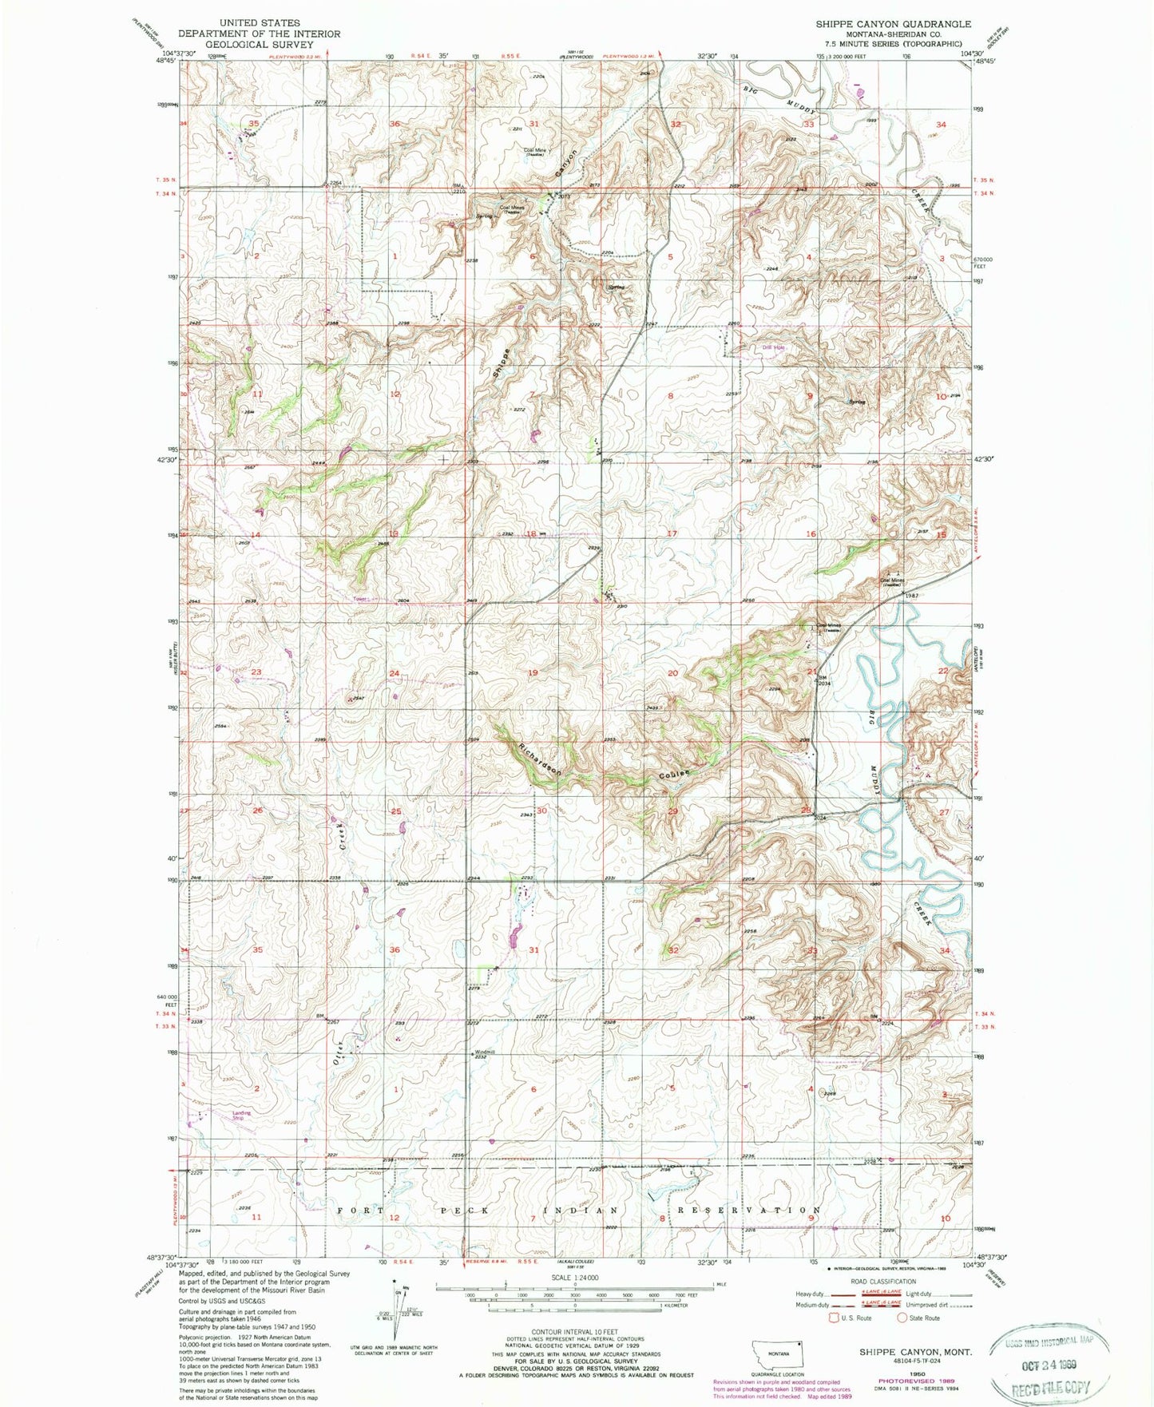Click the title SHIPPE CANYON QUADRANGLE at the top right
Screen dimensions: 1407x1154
click(893, 24)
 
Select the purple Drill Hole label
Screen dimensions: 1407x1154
click(773, 347)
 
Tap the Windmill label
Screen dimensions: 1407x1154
click(486, 1052)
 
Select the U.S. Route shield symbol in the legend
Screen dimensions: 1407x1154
click(836, 1318)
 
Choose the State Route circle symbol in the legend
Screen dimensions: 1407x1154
click(903, 1318)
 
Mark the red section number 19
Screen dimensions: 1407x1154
click(533, 673)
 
